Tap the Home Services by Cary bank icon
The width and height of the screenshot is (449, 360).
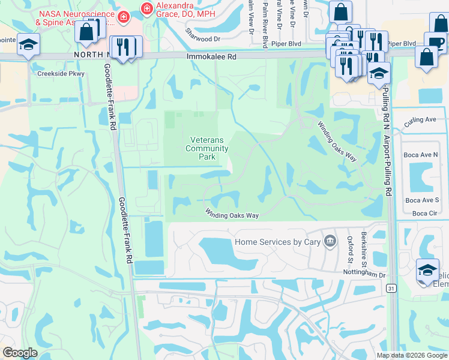330,241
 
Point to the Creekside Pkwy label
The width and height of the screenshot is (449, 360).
61,74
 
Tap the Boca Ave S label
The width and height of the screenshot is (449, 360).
421,200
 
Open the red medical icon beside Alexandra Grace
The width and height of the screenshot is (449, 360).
144,8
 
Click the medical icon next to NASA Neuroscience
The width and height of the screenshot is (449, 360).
124,16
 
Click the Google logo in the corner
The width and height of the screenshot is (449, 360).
20,353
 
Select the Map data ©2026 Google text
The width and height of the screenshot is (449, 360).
411,355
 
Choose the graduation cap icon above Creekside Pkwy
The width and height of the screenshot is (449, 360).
28,46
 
